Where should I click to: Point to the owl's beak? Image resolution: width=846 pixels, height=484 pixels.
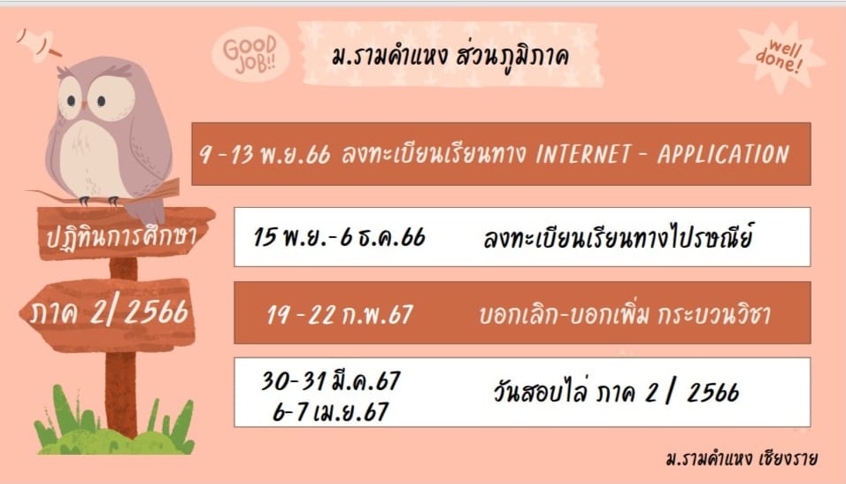pos(84,105)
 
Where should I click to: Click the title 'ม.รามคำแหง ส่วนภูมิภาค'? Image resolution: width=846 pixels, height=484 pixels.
pos(450,57)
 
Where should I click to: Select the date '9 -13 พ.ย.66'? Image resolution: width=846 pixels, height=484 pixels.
pos(265,154)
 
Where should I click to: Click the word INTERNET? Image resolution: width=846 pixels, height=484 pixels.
pos(582,155)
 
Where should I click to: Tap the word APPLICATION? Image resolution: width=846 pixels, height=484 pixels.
pos(723,155)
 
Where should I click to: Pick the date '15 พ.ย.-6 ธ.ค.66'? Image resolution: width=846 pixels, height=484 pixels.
pos(339,237)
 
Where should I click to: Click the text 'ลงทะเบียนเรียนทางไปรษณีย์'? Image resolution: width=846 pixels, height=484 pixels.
pos(618,237)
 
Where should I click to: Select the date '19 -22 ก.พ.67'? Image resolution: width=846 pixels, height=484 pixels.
pos(340,315)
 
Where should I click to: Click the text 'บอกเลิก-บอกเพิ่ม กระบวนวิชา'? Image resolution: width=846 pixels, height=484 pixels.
pos(625,314)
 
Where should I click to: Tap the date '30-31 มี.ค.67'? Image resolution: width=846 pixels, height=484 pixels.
pos(331,381)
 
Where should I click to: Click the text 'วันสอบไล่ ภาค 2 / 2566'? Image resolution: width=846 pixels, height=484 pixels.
pos(616,392)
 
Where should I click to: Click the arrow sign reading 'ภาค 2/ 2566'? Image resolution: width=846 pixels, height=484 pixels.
pos(108,313)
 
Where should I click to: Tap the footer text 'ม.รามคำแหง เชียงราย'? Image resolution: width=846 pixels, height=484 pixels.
pos(742,458)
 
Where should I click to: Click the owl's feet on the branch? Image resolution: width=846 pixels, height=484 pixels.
pos(98,201)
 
